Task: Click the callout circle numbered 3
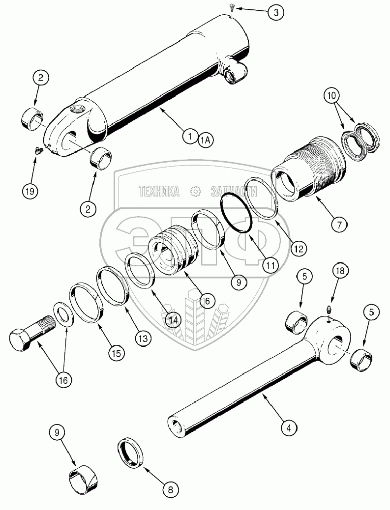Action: click(x=276, y=12)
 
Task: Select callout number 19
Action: click(x=30, y=191)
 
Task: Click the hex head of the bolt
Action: click(x=21, y=341)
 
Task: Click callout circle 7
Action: click(x=339, y=225)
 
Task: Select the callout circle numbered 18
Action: click(x=340, y=272)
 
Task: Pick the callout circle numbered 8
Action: click(x=171, y=489)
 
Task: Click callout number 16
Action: click(x=63, y=380)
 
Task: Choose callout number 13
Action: click(x=143, y=339)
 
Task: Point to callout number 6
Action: click(x=208, y=301)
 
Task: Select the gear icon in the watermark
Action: click(x=195, y=191)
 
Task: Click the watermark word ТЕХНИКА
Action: click(x=159, y=192)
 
